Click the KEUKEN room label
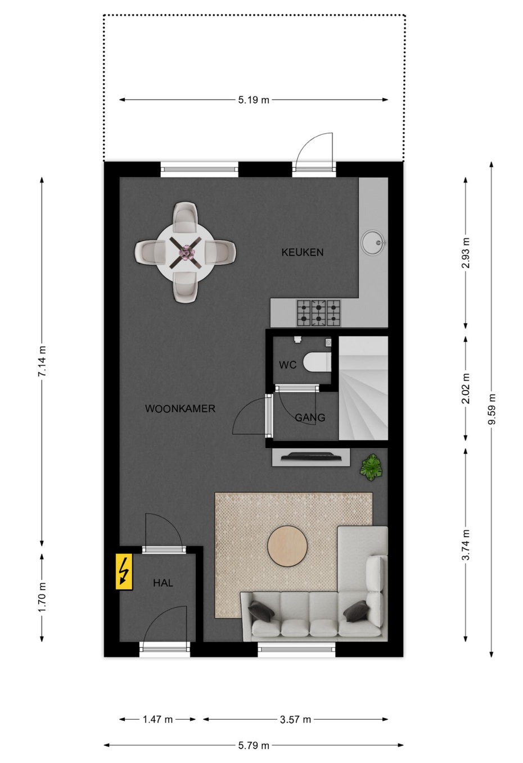pyautogui.click(x=303, y=252)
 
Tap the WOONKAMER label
pyautogui.click(x=180, y=408)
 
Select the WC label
pyautogui.click(x=288, y=365)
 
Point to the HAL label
pyautogui.click(x=163, y=583)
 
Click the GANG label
pyautogui.click(x=310, y=417)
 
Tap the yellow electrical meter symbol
pyautogui.click(x=124, y=572)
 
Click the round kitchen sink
pyautogui.click(x=373, y=243)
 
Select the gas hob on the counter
pyautogui.click(x=318, y=313)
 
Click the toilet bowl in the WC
pyautogui.click(x=317, y=362)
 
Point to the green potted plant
pyautogui.click(x=371, y=467)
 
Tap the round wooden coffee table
pyautogui.click(x=287, y=546)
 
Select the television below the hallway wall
pyautogui.click(x=310, y=456)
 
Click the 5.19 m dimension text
pyautogui.click(x=254, y=100)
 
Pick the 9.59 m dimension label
pyautogui.click(x=492, y=410)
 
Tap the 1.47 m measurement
pyautogui.click(x=157, y=719)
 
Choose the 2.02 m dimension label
pyautogui.click(x=466, y=388)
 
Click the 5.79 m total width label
pyautogui.click(x=254, y=746)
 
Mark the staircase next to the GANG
pyautogui.click(x=363, y=388)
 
